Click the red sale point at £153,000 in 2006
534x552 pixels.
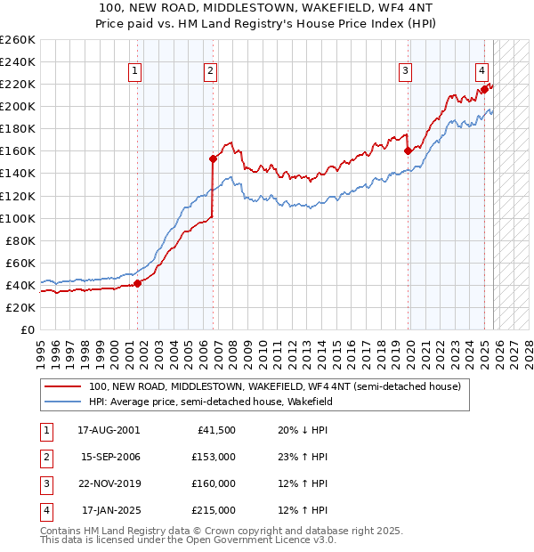coord(214,158)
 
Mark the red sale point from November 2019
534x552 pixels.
coord(409,150)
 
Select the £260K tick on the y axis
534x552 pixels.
coord(18,40)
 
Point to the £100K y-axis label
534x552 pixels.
coord(18,218)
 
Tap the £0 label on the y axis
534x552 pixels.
coord(28,329)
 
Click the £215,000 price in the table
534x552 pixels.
coord(214,510)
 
